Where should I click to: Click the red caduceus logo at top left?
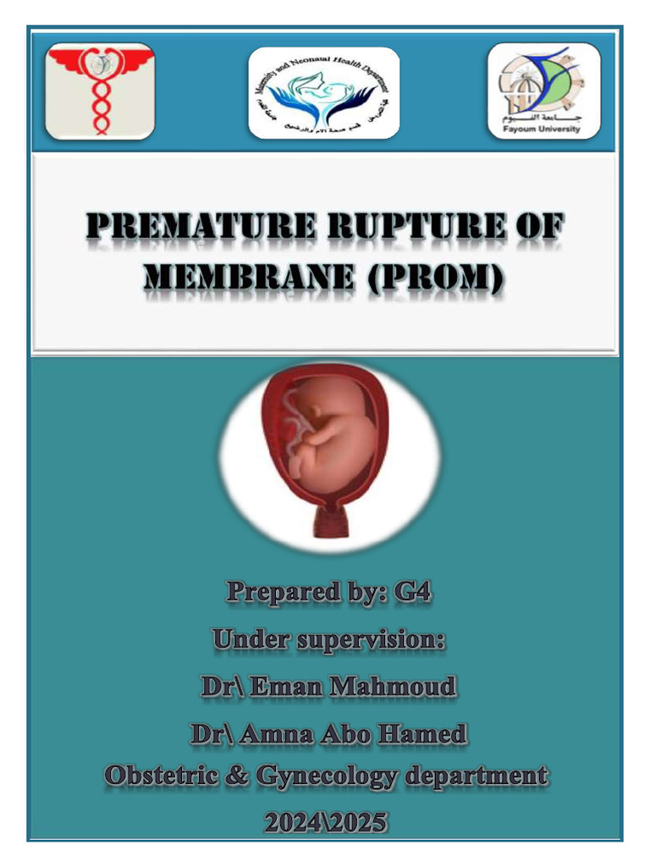100,91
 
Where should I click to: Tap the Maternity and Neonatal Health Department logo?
323,93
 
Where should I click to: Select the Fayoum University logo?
544,91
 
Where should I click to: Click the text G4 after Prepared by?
412,593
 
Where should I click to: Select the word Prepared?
273,593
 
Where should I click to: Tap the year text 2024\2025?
326,821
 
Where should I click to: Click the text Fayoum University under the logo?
544,130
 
